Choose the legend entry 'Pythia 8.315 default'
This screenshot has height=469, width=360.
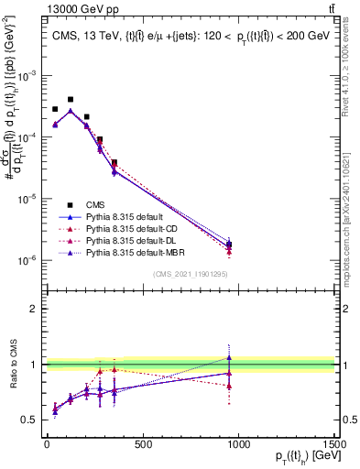(x=123, y=216)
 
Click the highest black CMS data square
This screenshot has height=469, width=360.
(x=71, y=99)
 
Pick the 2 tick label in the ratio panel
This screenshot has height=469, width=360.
(x=37, y=309)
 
